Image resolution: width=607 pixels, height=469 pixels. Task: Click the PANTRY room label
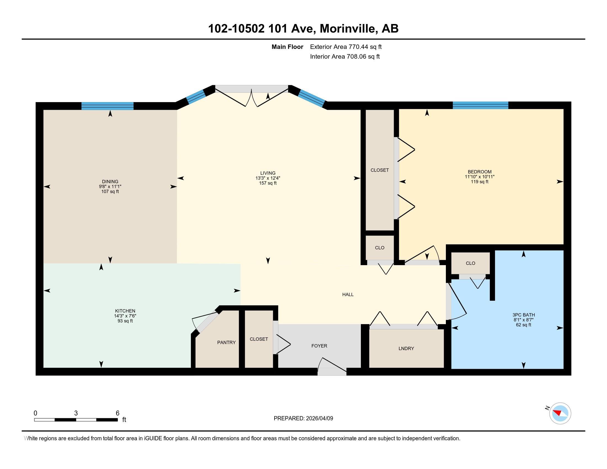[x=226, y=342]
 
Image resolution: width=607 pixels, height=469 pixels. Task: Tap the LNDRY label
[x=406, y=348]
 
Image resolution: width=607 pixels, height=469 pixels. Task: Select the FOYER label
[x=319, y=346]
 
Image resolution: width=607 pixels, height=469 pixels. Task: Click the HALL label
[x=348, y=294]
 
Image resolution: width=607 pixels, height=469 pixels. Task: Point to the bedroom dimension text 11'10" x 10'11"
[x=480, y=177]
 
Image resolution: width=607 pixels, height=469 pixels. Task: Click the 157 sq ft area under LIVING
[x=268, y=183]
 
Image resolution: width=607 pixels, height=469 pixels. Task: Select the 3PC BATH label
[x=524, y=315]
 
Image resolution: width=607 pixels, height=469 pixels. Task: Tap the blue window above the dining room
[x=107, y=106]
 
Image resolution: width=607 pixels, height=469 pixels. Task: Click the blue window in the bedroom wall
[x=480, y=105]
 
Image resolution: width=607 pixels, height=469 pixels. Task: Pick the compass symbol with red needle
[x=560, y=413]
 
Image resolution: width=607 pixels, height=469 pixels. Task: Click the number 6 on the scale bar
[x=117, y=413]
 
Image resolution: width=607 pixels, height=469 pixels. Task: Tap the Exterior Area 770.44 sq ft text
[x=346, y=47]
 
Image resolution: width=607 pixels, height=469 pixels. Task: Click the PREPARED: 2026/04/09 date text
[x=303, y=418]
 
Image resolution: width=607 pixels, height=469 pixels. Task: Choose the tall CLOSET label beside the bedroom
[x=379, y=170]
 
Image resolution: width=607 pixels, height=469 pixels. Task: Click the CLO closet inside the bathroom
[x=470, y=263]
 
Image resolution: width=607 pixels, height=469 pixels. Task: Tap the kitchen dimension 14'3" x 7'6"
[x=125, y=316]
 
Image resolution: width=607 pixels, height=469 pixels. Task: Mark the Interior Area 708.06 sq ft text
[x=345, y=56]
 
